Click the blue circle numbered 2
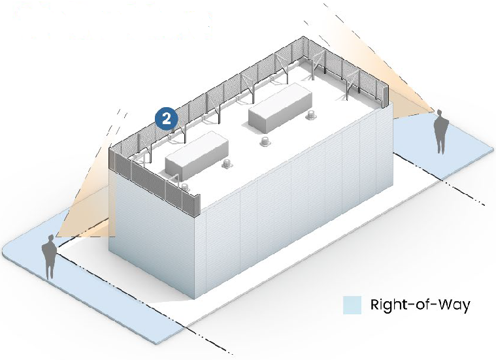coord(167,118)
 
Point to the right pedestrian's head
coord(442,115)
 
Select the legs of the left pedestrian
coord(49,269)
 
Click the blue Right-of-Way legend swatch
coord(352,305)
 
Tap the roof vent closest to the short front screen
coord(184,188)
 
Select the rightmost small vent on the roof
coord(309,117)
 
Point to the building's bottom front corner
coord(195,297)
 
